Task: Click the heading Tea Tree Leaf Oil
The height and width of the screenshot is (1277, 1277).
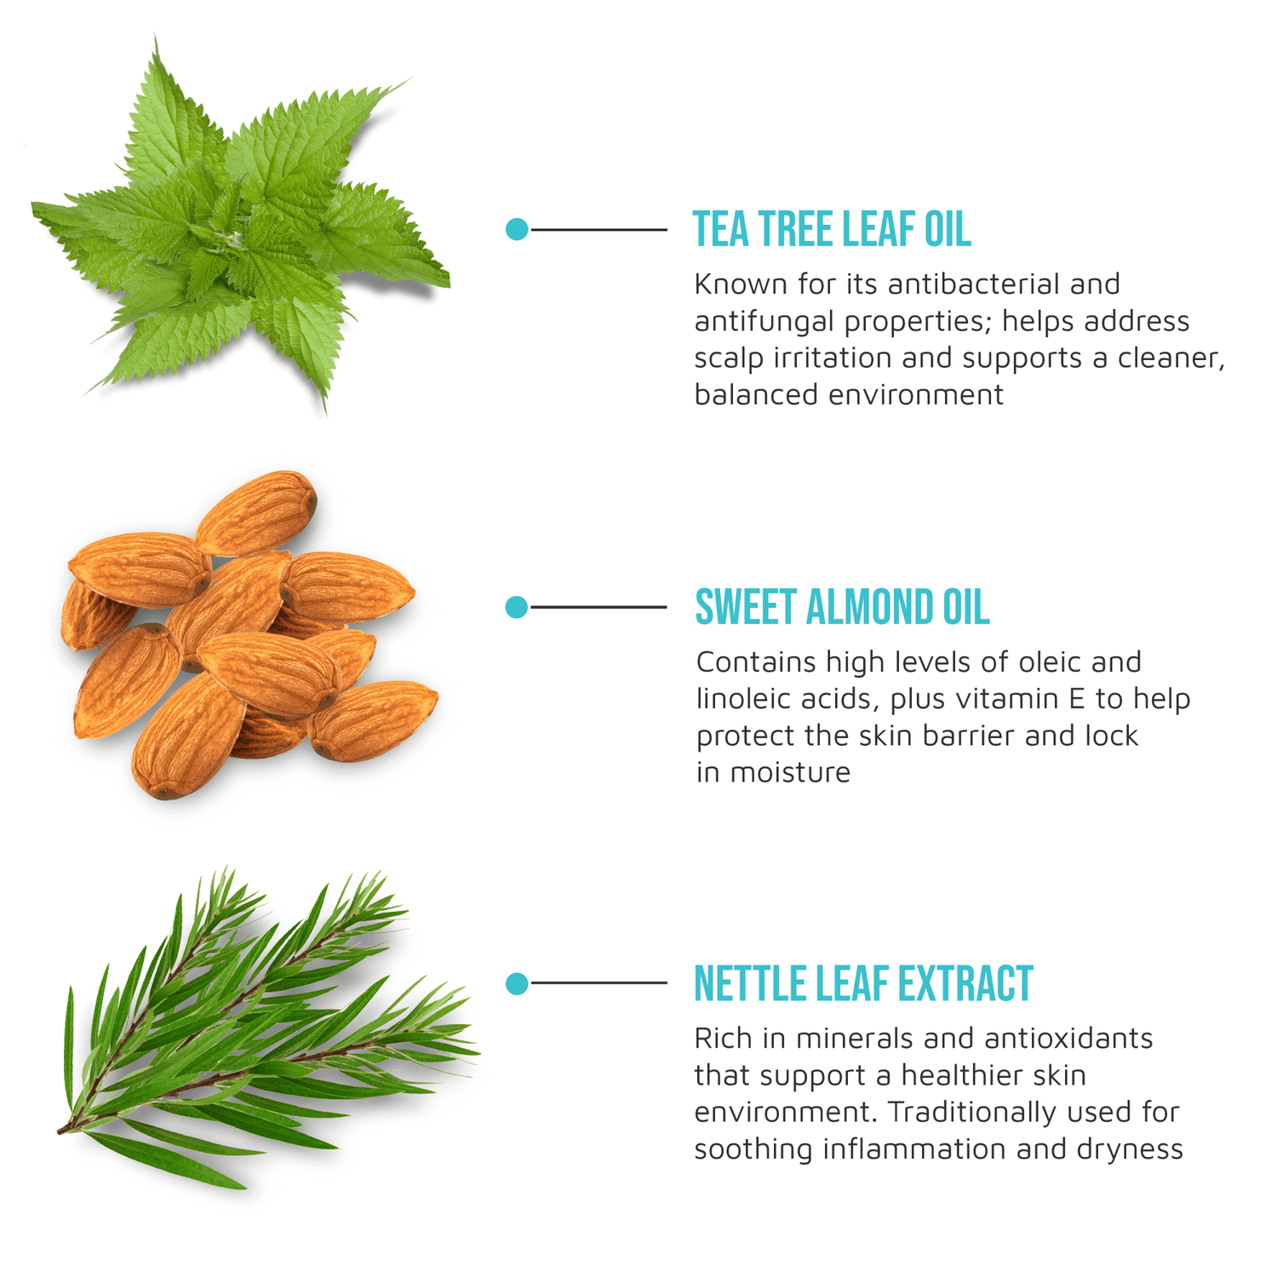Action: (831, 230)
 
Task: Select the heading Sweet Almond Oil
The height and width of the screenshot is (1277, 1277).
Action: (841, 608)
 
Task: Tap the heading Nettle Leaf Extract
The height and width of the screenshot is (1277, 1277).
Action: (862, 984)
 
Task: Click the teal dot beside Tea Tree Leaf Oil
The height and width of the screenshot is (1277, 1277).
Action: (517, 229)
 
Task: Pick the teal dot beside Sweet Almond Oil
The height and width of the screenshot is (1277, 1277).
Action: (517, 607)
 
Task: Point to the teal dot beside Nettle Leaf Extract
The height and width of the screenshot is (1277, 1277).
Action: (517, 983)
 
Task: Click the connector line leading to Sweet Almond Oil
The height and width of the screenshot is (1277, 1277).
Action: (598, 607)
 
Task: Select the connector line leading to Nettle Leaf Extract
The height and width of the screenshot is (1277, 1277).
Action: (598, 983)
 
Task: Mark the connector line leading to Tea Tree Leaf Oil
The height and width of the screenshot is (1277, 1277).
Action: (598, 229)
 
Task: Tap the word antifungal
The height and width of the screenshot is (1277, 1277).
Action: (764, 322)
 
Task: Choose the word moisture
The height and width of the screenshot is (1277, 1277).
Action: (790, 773)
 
